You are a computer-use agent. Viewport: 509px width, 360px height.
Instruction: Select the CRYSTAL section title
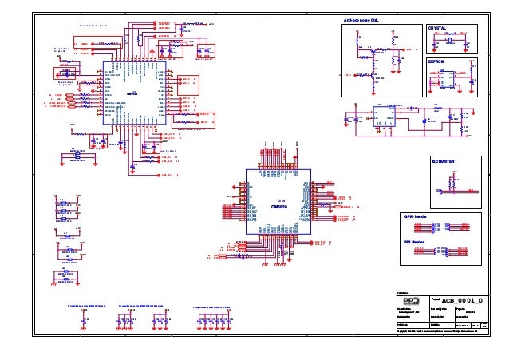coord(438,27)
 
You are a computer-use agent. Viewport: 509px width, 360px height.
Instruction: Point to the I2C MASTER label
coord(443,161)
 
